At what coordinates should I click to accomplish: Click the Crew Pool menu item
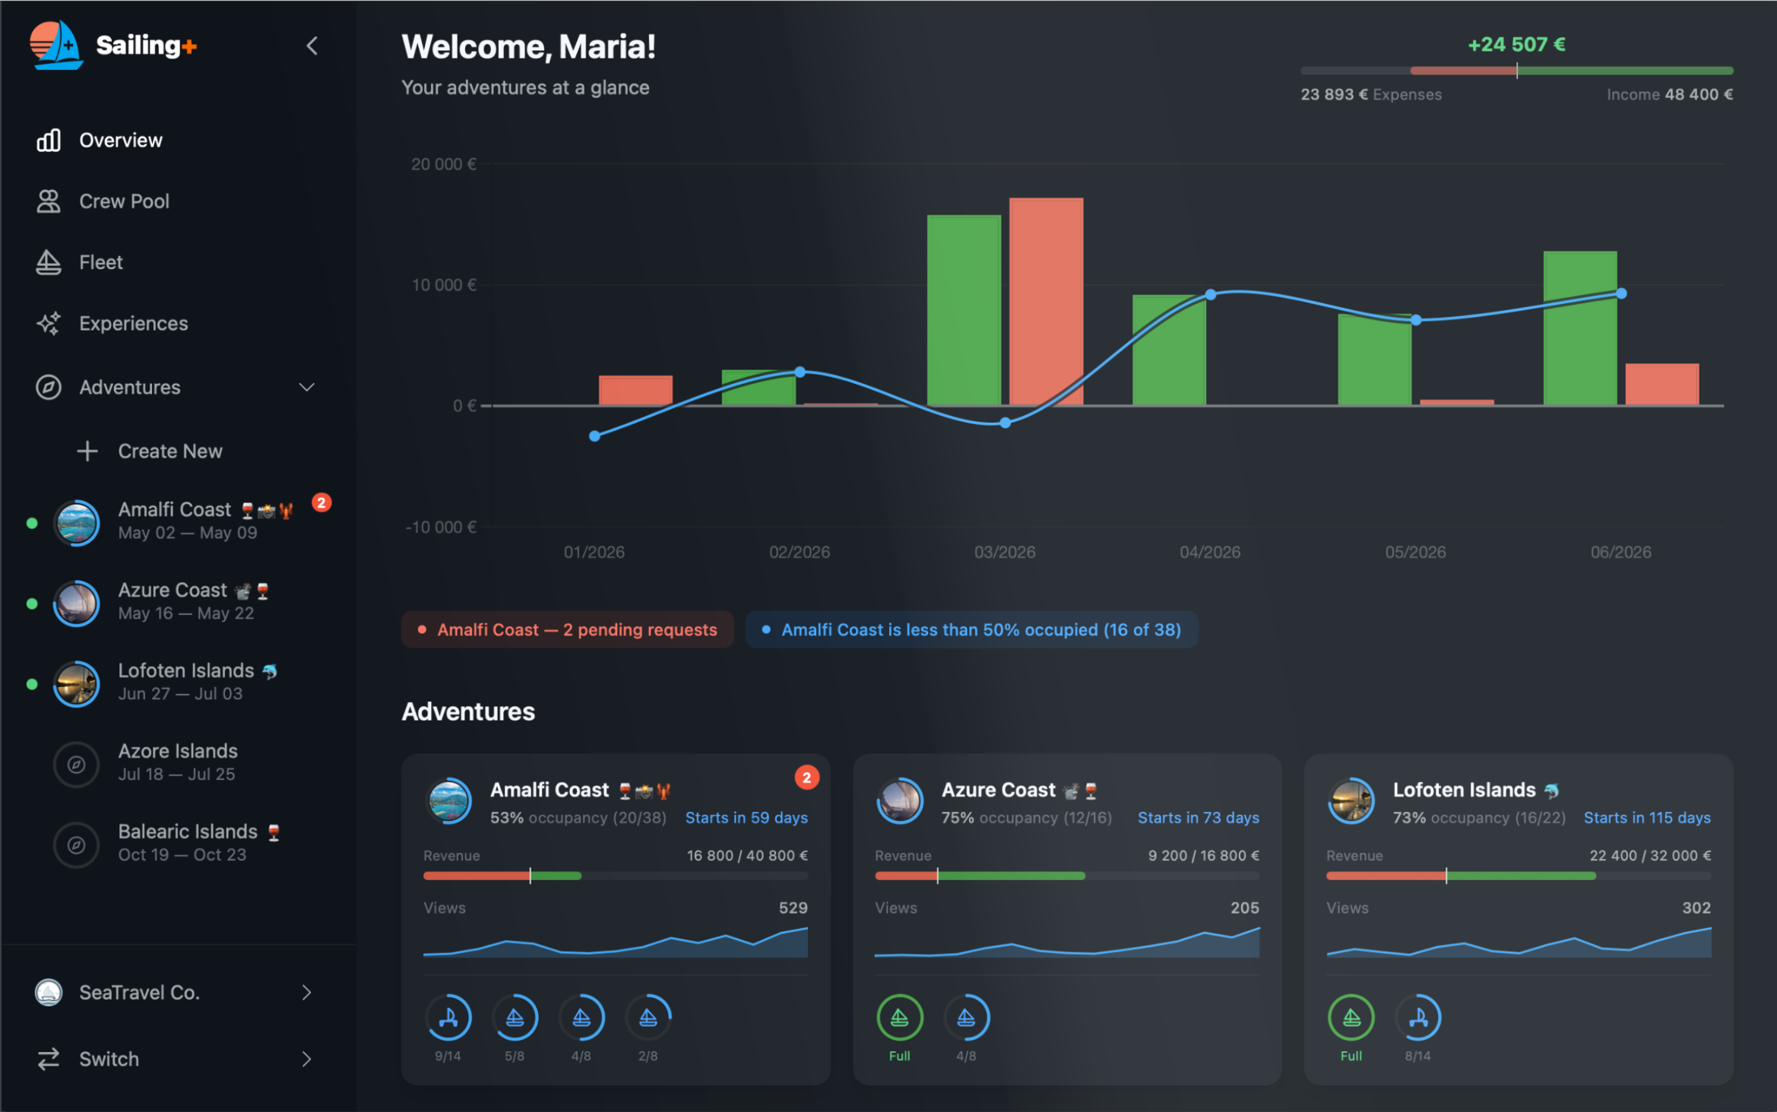(x=123, y=201)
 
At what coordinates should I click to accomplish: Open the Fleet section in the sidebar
(x=100, y=262)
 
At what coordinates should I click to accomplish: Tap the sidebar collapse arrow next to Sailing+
(x=312, y=46)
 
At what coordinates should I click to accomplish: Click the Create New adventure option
(x=169, y=451)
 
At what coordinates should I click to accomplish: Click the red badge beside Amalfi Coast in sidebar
(x=322, y=503)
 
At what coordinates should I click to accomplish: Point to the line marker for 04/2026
(x=1210, y=294)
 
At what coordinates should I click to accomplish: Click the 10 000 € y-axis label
(x=443, y=285)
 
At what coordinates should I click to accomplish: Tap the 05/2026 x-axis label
(x=1414, y=553)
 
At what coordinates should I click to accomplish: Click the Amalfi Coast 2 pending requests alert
(x=568, y=630)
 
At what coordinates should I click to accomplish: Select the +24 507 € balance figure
(x=1516, y=45)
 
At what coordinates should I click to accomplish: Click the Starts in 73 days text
(x=1198, y=818)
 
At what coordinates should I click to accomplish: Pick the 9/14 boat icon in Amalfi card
(x=448, y=1018)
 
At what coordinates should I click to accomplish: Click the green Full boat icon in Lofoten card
(x=1351, y=1018)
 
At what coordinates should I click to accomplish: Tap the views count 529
(x=793, y=908)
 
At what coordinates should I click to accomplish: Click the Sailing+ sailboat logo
(x=56, y=46)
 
